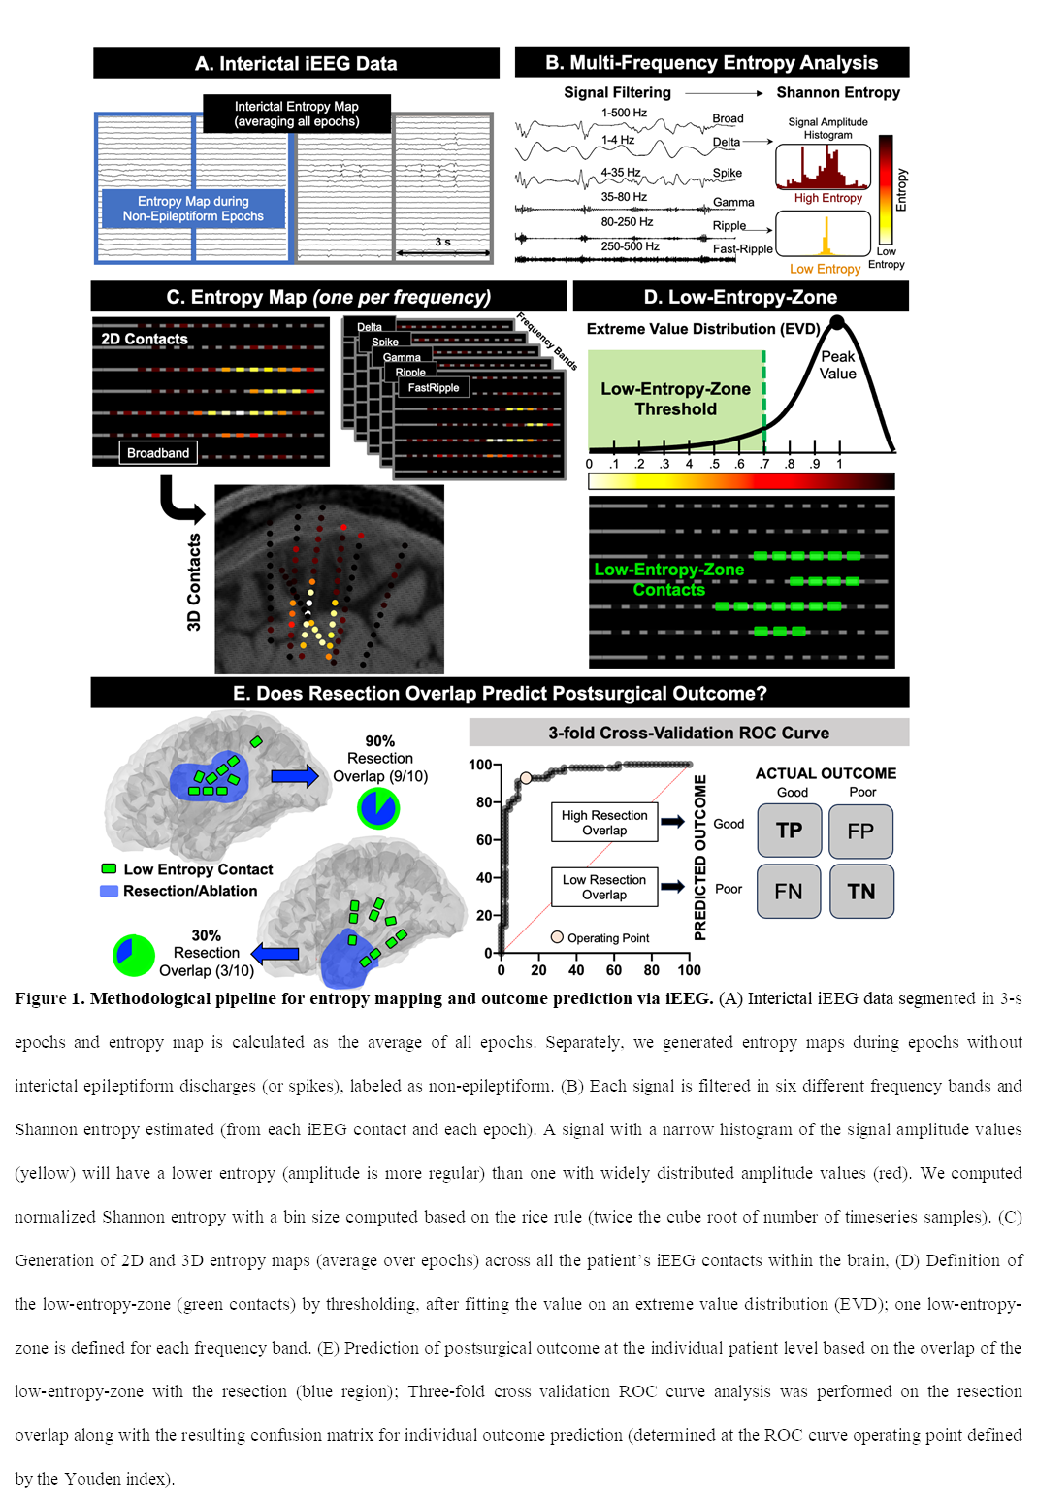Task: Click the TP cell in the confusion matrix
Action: click(789, 831)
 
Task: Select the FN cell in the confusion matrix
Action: click(789, 891)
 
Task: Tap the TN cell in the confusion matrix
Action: click(861, 891)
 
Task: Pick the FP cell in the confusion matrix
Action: click(860, 831)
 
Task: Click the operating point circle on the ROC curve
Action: click(526, 778)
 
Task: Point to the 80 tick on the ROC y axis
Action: click(499, 802)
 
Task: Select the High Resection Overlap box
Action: click(604, 823)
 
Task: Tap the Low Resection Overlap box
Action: click(604, 887)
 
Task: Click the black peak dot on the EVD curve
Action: click(837, 322)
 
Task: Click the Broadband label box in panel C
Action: click(158, 453)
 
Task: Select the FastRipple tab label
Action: click(434, 387)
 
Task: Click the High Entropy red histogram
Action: click(823, 167)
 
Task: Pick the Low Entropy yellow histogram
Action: click(823, 234)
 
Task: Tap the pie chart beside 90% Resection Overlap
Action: click(378, 807)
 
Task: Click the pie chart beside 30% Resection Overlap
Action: click(134, 956)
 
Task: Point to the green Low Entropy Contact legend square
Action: click(109, 869)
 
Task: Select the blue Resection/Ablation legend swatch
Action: click(109, 891)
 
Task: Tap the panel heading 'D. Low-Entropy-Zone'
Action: click(740, 297)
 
